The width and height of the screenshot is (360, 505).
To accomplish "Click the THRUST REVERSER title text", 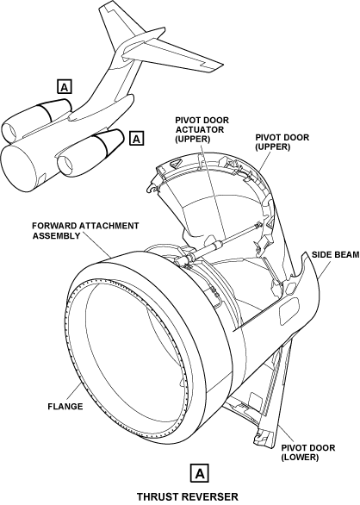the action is (x=188, y=496).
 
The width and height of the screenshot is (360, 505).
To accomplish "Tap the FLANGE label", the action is (x=65, y=407).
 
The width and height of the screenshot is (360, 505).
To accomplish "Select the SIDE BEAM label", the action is (x=335, y=255).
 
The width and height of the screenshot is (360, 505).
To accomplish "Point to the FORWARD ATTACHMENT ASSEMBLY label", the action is (x=85, y=231).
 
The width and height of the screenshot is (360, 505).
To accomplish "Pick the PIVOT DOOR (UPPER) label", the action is (x=282, y=142).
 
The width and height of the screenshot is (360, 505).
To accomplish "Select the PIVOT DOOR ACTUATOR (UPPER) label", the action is (x=202, y=129).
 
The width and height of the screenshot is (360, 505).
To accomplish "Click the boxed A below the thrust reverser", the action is (x=200, y=473).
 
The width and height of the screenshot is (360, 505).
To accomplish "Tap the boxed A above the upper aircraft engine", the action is (x=65, y=86).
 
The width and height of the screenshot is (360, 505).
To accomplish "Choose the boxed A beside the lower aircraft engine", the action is (x=137, y=138).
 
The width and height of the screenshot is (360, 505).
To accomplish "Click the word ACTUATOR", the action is (x=200, y=130).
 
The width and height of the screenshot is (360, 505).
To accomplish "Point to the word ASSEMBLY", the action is (x=57, y=236).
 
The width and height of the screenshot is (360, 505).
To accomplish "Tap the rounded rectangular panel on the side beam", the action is (x=289, y=307).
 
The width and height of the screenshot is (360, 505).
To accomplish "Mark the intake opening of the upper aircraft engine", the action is (x=10, y=133).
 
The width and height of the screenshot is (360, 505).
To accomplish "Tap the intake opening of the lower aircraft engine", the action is (x=66, y=166).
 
